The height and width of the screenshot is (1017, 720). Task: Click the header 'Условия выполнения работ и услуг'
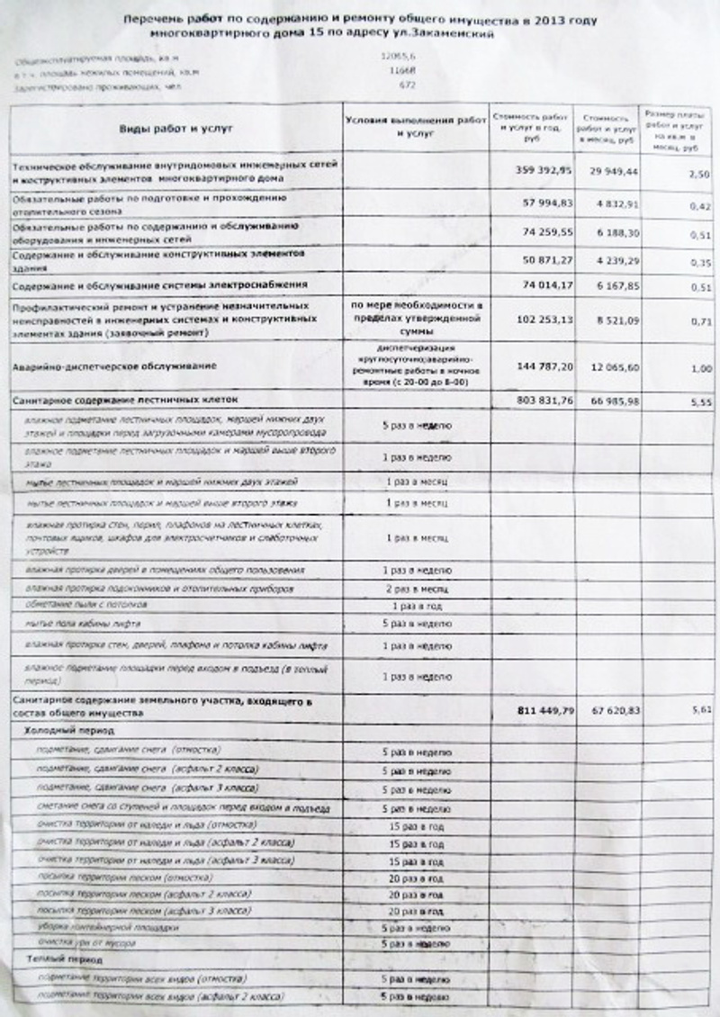[x=415, y=126]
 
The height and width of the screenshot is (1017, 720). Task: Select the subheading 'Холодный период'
[x=61, y=733]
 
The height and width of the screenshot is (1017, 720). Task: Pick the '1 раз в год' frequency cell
[x=416, y=606]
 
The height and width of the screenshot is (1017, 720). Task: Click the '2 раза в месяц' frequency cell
[x=416, y=588]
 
